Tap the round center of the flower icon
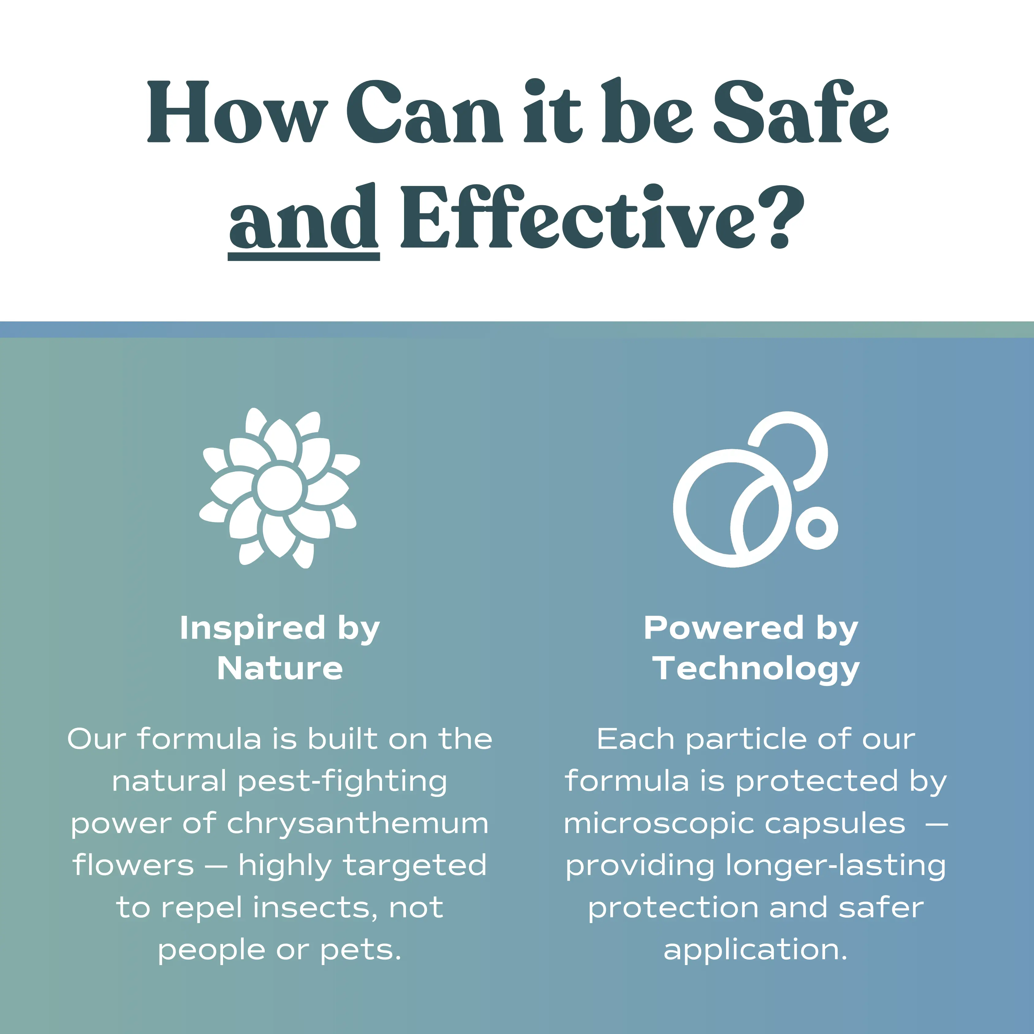click(279, 488)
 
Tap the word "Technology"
click(756, 669)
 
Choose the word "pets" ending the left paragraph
click(360, 950)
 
